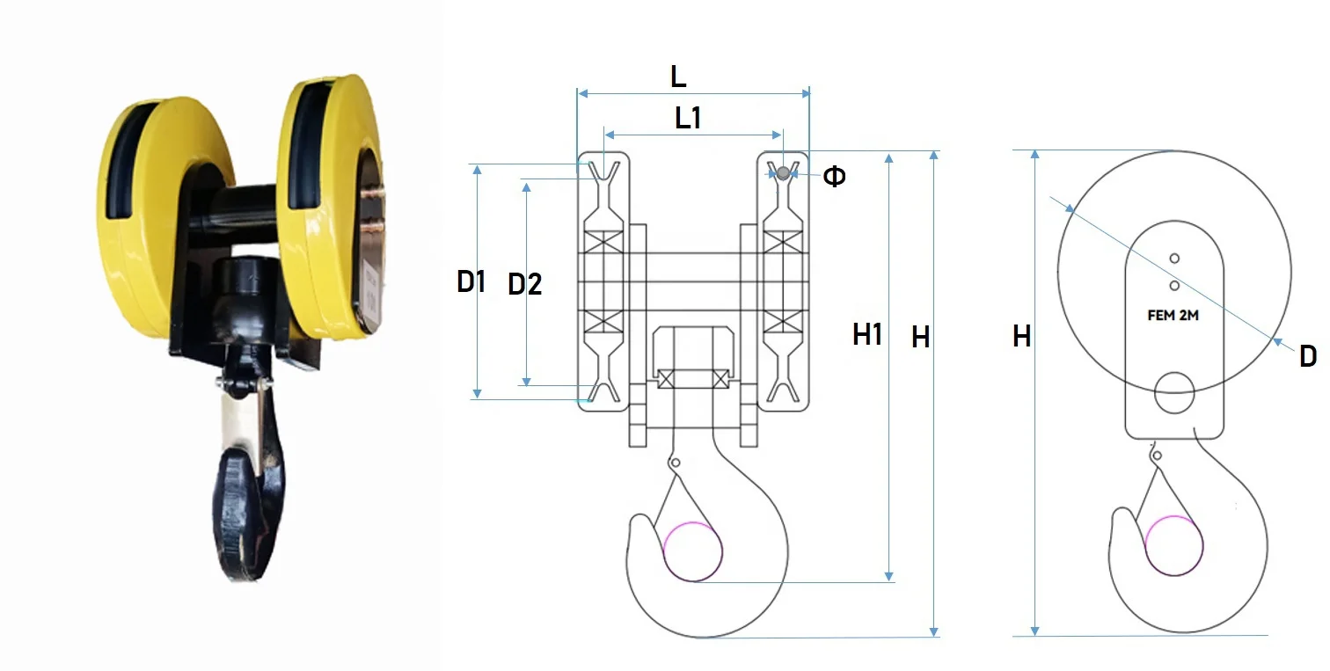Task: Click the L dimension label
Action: (x=678, y=77)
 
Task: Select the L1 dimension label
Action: (x=688, y=118)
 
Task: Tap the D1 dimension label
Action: (x=471, y=282)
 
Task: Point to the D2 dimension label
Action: (x=525, y=284)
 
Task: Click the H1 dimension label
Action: (x=866, y=334)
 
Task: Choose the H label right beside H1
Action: (x=920, y=337)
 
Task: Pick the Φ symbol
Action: (x=834, y=177)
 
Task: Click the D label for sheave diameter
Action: (x=1307, y=356)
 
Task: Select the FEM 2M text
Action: (x=1173, y=316)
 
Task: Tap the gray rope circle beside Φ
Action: (x=781, y=173)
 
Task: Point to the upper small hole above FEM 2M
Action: (x=1173, y=258)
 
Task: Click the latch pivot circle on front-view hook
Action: (x=675, y=463)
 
